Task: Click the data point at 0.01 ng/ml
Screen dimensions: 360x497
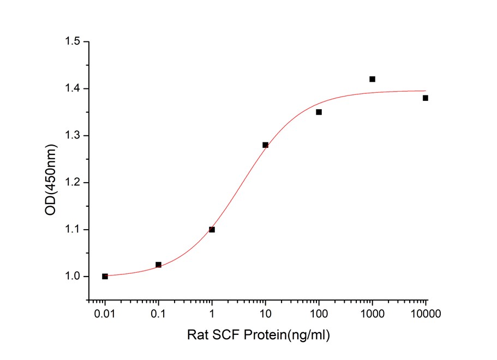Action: pyautogui.click(x=105, y=277)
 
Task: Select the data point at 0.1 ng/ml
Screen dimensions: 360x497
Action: pyautogui.click(x=158, y=265)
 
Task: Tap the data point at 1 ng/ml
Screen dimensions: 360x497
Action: pyautogui.click(x=212, y=230)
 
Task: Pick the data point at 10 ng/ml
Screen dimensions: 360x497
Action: pyautogui.click(x=265, y=145)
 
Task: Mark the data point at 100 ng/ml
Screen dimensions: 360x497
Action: pyautogui.click(x=319, y=112)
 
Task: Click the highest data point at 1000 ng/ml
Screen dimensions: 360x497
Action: pyautogui.click(x=372, y=79)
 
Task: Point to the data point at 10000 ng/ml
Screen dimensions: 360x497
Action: pyautogui.click(x=426, y=98)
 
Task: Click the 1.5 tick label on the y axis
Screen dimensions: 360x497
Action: pyautogui.click(x=73, y=41)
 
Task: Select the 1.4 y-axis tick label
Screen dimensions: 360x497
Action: pyautogui.click(x=73, y=88)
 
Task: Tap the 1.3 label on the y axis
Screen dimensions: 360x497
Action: pyautogui.click(x=73, y=135)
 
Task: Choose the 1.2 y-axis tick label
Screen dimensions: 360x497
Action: pyautogui.click(x=73, y=182)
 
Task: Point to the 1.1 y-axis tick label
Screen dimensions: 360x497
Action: pyautogui.click(x=73, y=230)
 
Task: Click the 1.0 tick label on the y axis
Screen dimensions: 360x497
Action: pyautogui.click(x=73, y=277)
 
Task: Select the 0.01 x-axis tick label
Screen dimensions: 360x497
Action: pyautogui.click(x=105, y=314)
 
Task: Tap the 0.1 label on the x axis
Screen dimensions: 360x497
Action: pyautogui.click(x=158, y=314)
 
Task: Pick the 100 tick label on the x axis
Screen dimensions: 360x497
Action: pyautogui.click(x=319, y=314)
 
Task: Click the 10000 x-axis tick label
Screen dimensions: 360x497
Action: pyautogui.click(x=426, y=314)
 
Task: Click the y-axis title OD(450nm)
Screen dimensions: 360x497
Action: pyautogui.click(x=51, y=179)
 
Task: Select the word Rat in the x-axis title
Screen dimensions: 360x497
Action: pyautogui.click(x=197, y=334)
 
